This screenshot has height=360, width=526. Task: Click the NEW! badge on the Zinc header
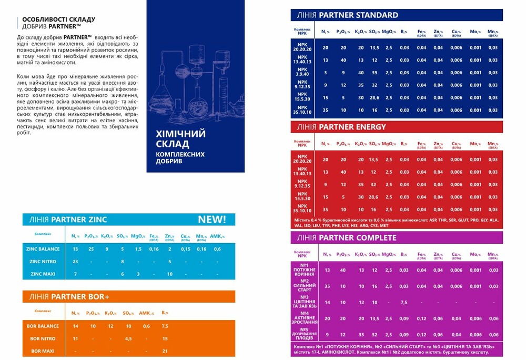(x=211, y=219)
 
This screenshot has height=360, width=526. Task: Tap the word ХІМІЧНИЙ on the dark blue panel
(x=180, y=134)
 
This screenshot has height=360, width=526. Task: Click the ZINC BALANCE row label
(x=43, y=249)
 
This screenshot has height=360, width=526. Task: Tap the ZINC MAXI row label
(x=43, y=274)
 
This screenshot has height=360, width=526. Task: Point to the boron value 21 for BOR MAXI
(x=165, y=351)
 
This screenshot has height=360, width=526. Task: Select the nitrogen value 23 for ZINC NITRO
(x=75, y=262)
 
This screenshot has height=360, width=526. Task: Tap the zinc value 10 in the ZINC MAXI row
(x=170, y=274)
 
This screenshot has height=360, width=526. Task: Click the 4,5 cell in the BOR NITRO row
(x=128, y=338)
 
